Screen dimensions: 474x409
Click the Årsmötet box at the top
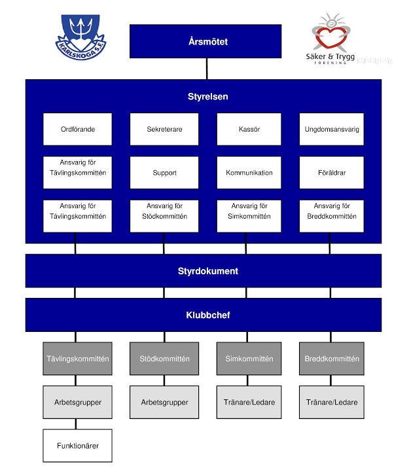click(x=205, y=41)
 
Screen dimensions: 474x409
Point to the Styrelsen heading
click(x=204, y=97)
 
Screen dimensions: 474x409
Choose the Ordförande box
click(x=77, y=130)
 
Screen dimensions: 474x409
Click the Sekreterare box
click(x=164, y=130)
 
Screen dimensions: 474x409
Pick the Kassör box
click(x=249, y=130)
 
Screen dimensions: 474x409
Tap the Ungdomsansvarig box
click(x=332, y=130)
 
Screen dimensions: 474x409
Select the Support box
click(x=164, y=173)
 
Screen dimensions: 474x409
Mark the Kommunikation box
click(x=249, y=173)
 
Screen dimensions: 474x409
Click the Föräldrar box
click(x=332, y=173)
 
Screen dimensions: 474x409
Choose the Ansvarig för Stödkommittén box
click(x=164, y=211)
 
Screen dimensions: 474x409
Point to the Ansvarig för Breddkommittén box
click(x=332, y=211)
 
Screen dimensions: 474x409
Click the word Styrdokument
click(x=204, y=271)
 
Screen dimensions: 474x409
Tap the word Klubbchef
click(x=204, y=315)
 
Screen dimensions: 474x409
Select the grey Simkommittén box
click(x=249, y=359)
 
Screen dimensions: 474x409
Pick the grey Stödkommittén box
click(x=164, y=359)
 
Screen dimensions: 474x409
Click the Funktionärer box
click(x=77, y=446)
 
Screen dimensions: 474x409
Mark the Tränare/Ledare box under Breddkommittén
click(x=332, y=402)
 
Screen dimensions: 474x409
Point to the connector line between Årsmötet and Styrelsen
click(x=207, y=69)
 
